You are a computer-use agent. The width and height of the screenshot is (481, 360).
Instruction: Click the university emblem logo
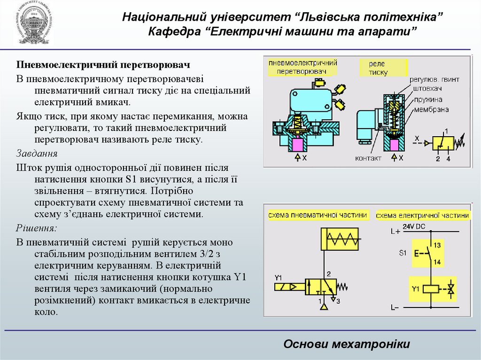31,23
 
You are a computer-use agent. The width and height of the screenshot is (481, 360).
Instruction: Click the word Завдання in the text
37,153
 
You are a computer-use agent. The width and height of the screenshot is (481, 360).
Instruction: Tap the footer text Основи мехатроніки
347,344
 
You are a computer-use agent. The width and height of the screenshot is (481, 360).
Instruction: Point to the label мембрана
431,109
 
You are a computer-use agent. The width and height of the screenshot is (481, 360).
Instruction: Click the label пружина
428,100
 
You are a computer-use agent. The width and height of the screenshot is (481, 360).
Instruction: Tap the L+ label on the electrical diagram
395,231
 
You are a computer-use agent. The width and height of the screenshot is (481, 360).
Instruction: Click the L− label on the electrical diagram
395,308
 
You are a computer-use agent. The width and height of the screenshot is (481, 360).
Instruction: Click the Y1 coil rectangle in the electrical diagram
431,289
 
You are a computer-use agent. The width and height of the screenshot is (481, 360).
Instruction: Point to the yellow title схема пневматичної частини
318,215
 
